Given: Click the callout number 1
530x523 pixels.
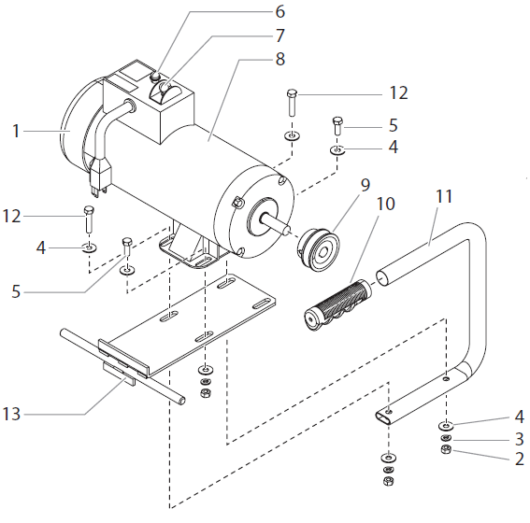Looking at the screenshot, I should point(16,132).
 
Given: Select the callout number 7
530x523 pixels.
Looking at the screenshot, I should point(279,36).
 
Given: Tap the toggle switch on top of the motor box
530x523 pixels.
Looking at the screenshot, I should point(165,90).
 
